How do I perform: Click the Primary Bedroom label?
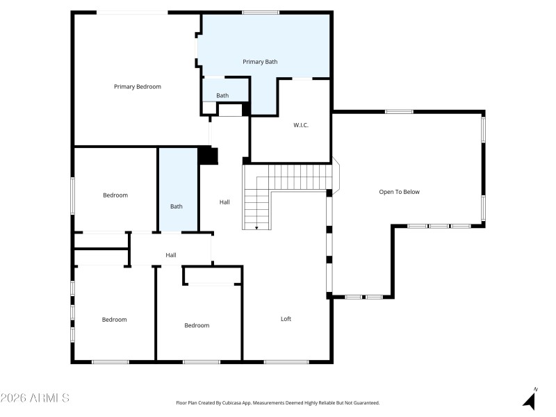(x=138, y=87)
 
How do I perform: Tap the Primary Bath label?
(x=260, y=62)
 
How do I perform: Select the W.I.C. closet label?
(x=300, y=125)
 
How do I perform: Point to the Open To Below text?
(x=399, y=192)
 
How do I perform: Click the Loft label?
(x=286, y=319)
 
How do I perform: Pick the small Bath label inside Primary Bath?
(x=222, y=96)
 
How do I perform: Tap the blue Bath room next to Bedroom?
(x=177, y=206)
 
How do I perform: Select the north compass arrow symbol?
(x=530, y=400)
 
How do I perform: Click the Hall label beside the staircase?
(x=224, y=202)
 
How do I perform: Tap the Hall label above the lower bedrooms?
(x=171, y=255)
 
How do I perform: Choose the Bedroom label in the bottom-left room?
(x=115, y=320)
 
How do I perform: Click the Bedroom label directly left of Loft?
(x=197, y=325)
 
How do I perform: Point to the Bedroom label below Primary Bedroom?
(x=115, y=195)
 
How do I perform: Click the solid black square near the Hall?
(x=208, y=155)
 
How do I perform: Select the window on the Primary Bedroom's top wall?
(x=131, y=12)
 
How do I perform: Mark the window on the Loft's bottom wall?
(x=286, y=361)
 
